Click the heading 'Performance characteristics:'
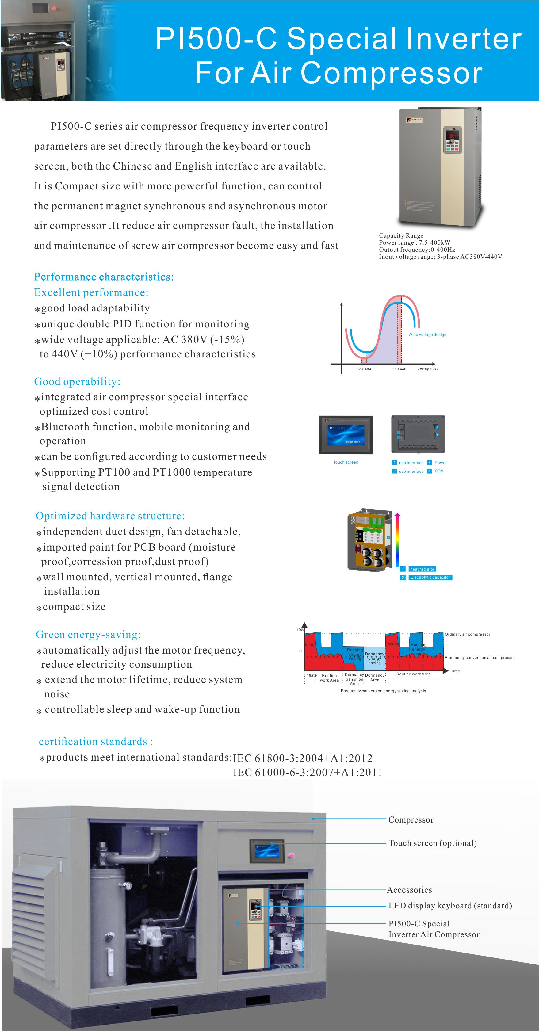pos(104,277)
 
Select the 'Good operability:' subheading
pos(77,381)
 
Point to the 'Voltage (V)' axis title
pos(427,369)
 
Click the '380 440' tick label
pos(399,369)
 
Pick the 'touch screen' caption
pos(346,462)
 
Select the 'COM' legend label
pos(439,471)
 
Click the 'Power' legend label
pos(441,463)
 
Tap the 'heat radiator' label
pos(422,569)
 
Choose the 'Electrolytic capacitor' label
pos(430,578)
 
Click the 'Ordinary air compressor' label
pos(467,634)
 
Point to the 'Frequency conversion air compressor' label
pos(480,658)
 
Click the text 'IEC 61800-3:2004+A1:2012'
pos(303,758)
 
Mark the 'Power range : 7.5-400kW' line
pos(415,242)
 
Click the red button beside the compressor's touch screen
pos(291,856)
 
